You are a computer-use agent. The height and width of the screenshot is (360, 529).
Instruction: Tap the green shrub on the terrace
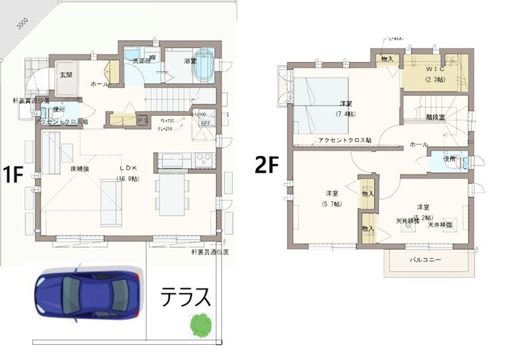(200, 324)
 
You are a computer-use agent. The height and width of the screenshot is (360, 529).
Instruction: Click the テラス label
(186, 297)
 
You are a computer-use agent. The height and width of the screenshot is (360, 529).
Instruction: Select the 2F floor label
(268, 165)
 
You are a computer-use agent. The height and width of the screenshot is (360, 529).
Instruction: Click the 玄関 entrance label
(66, 75)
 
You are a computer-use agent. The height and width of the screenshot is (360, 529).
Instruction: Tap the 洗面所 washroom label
(142, 61)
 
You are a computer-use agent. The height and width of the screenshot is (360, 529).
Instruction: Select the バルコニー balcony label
(426, 260)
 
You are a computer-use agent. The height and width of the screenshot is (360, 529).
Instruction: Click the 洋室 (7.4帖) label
(345, 107)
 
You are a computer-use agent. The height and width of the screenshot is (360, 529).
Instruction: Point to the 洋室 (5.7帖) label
(333, 198)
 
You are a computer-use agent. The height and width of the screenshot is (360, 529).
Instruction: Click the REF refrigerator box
(205, 123)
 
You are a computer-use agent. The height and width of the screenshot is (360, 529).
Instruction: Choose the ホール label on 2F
(418, 144)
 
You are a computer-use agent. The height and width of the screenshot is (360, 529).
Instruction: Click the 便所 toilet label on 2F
(450, 159)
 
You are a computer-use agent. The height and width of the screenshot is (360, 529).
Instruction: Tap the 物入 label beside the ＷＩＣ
(388, 60)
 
